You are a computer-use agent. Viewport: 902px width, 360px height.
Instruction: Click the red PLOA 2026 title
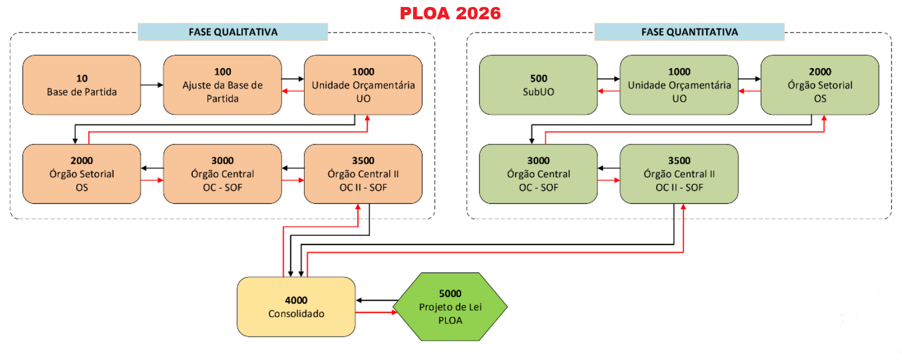(x=450, y=13)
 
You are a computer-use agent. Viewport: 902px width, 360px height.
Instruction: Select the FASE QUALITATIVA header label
(x=232, y=32)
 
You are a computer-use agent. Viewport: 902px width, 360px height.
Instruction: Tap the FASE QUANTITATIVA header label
(x=689, y=32)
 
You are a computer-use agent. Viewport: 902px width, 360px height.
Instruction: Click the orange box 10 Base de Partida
(x=82, y=85)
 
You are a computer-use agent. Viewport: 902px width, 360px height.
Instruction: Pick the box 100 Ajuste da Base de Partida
(x=222, y=85)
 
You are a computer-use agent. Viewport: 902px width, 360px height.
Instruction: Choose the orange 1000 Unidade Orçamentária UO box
(x=363, y=85)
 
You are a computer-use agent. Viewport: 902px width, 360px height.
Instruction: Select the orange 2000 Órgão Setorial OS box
(x=82, y=174)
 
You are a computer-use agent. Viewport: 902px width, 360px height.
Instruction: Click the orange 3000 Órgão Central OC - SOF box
(x=222, y=174)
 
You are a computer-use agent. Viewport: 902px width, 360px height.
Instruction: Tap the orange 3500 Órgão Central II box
(x=363, y=174)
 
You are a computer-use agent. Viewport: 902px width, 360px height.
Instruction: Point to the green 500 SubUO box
(x=538, y=85)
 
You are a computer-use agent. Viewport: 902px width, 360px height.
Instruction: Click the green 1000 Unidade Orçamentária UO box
(x=679, y=85)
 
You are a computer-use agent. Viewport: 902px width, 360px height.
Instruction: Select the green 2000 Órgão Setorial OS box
(x=820, y=85)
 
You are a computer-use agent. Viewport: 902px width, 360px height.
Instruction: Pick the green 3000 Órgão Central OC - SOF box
(x=538, y=174)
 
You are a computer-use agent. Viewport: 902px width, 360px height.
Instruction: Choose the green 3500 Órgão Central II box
(x=679, y=174)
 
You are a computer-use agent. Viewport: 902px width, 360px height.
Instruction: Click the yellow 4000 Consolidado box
(x=296, y=306)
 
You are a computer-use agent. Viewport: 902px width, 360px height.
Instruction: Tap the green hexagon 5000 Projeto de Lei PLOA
(x=450, y=306)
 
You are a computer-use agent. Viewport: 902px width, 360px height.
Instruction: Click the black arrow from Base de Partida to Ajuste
(x=151, y=85)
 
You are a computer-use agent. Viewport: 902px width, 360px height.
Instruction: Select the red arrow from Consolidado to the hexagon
(x=376, y=313)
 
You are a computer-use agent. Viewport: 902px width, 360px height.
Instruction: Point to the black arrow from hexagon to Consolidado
(x=376, y=300)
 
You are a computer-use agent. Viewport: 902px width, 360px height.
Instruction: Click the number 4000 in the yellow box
(x=296, y=301)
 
